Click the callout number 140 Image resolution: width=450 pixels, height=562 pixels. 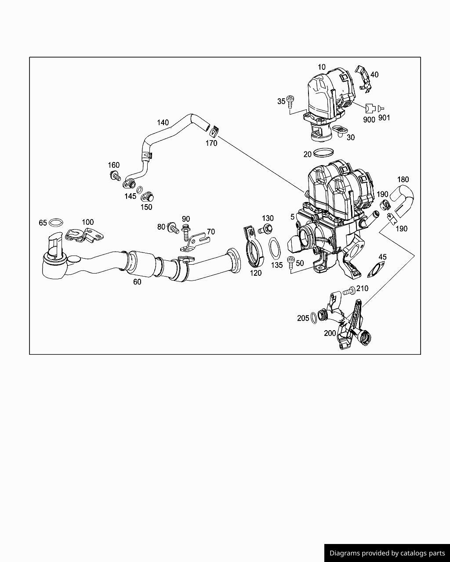(x=163, y=122)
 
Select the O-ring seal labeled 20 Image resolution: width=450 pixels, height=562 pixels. (x=324, y=153)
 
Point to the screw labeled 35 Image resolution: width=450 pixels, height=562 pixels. (x=290, y=101)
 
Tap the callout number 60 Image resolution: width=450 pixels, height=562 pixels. (x=137, y=282)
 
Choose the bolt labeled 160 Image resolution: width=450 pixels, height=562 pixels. (x=116, y=177)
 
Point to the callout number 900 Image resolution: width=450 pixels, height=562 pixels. (x=369, y=119)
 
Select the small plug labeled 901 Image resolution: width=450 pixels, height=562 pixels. (x=380, y=108)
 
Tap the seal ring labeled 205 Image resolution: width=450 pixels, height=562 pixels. (x=313, y=317)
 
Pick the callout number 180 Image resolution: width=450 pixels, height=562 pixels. (x=403, y=179)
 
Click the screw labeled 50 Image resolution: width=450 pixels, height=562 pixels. (x=290, y=262)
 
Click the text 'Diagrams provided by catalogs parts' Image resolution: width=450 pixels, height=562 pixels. (x=387, y=553)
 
